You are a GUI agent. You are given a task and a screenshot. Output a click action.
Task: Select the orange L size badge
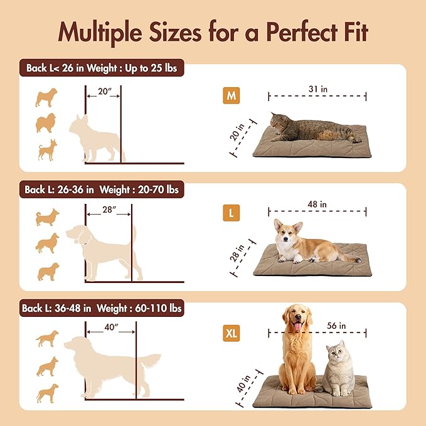[x=231, y=213]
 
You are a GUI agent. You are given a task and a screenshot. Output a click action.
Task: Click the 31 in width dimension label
[x=317, y=90]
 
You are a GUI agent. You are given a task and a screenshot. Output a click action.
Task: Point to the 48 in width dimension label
[x=317, y=205]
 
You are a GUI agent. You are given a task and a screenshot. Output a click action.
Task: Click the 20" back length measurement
[x=104, y=92]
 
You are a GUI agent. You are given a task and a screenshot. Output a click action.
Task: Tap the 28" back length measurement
[x=109, y=210]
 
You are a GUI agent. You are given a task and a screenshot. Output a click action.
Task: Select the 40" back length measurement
[x=110, y=327]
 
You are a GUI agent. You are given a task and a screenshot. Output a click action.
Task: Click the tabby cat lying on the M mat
[x=314, y=129]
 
